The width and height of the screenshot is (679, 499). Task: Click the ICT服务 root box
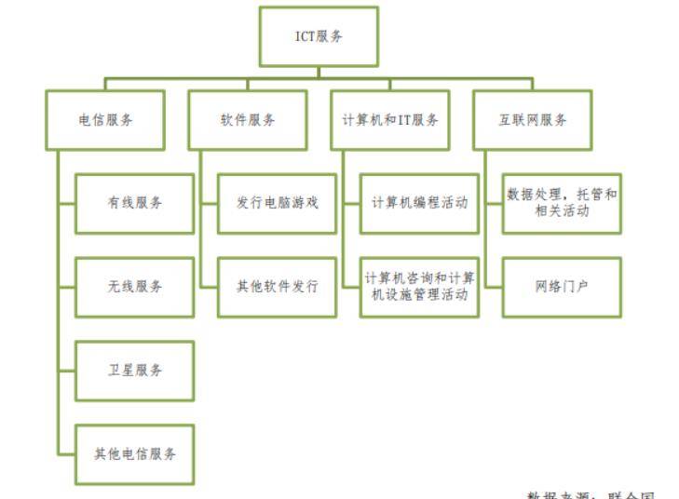click(319, 36)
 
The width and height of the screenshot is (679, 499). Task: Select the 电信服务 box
click(105, 119)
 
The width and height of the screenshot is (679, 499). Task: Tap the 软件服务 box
click(248, 119)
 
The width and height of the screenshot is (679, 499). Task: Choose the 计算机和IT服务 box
click(390, 119)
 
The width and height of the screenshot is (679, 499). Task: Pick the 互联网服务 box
click(533, 119)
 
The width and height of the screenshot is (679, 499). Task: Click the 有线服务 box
click(135, 203)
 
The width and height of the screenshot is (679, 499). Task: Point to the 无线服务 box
click(135, 287)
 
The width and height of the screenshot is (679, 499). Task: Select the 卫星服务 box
click(135, 371)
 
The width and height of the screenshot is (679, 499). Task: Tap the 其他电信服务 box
click(135, 454)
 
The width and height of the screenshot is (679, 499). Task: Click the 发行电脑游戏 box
click(278, 203)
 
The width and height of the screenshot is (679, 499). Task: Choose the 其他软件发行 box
click(278, 287)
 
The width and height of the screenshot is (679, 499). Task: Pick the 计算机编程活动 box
click(420, 203)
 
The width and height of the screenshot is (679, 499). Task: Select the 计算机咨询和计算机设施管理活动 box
click(420, 287)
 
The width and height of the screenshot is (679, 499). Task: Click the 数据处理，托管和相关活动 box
click(563, 203)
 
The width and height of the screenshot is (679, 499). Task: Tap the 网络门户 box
click(563, 287)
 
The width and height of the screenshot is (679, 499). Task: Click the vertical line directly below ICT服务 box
click(319, 71)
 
